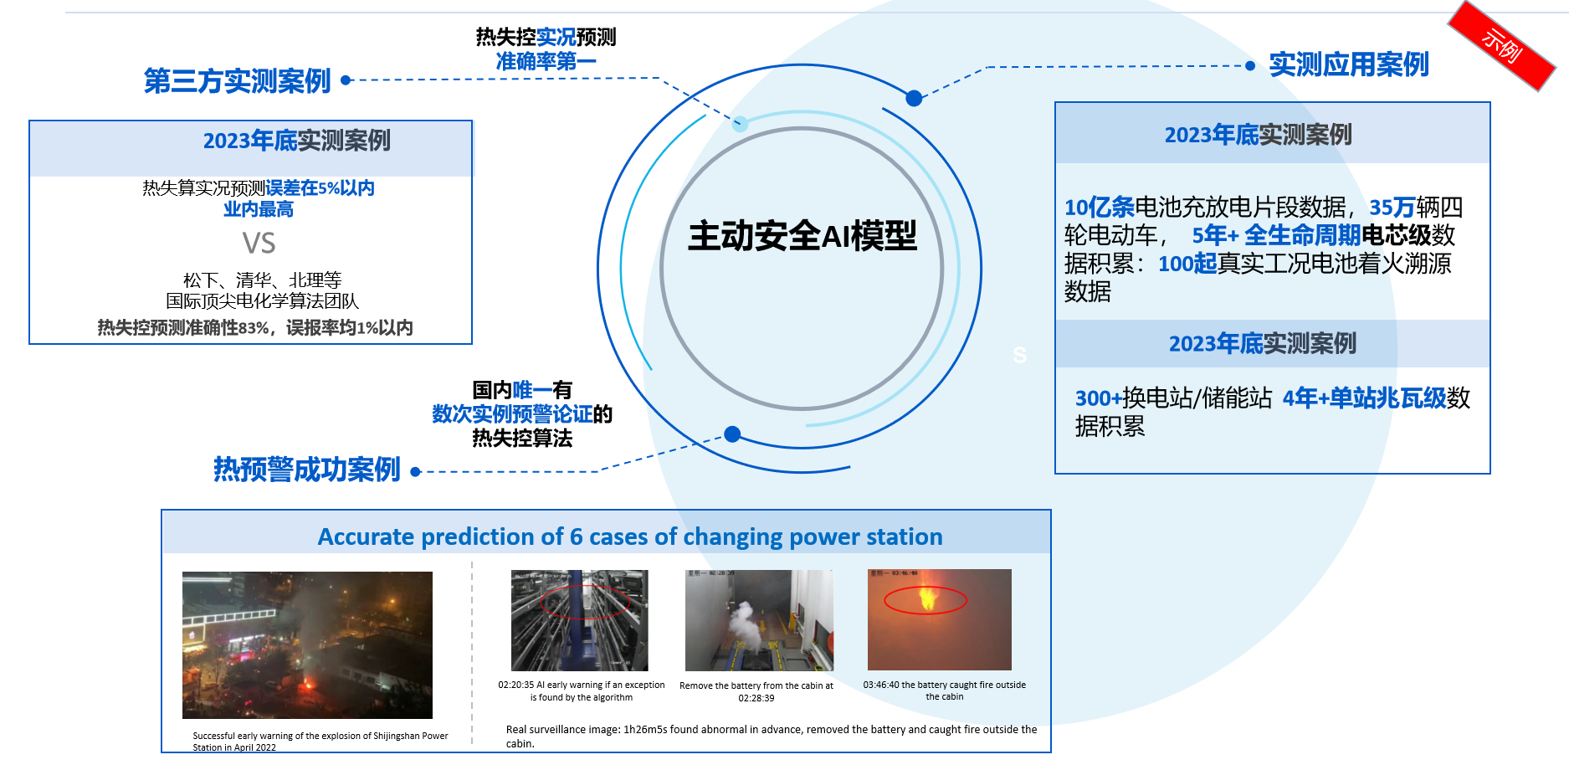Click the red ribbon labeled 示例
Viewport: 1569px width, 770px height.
click(x=1501, y=46)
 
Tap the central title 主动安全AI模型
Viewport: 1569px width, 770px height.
click(x=802, y=236)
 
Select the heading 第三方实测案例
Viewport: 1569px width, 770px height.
click(x=238, y=81)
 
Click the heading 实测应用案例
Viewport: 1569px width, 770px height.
click(x=1348, y=64)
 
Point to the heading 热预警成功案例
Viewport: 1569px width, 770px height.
click(x=307, y=470)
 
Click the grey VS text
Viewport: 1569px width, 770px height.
click(x=259, y=244)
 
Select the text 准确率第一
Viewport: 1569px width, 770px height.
click(x=546, y=61)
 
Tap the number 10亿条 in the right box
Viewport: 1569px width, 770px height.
click(x=1099, y=207)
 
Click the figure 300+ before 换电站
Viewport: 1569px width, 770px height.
click(x=1098, y=398)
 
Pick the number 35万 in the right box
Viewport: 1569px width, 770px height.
click(x=1392, y=207)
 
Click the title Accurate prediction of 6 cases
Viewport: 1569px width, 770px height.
click(x=629, y=536)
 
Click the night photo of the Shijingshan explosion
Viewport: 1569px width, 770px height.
click(x=307, y=644)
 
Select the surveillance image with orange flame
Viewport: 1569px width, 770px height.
click(x=939, y=619)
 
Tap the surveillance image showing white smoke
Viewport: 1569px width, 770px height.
click(x=759, y=620)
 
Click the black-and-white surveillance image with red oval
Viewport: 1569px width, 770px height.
click(x=579, y=620)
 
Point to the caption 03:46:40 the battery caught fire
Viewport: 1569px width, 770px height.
click(x=944, y=690)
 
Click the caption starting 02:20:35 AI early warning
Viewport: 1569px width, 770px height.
click(x=582, y=690)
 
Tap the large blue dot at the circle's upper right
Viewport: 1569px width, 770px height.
click(x=914, y=98)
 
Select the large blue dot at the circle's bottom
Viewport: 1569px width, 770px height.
click(x=732, y=434)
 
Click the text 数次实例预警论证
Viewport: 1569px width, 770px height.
click(x=512, y=414)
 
